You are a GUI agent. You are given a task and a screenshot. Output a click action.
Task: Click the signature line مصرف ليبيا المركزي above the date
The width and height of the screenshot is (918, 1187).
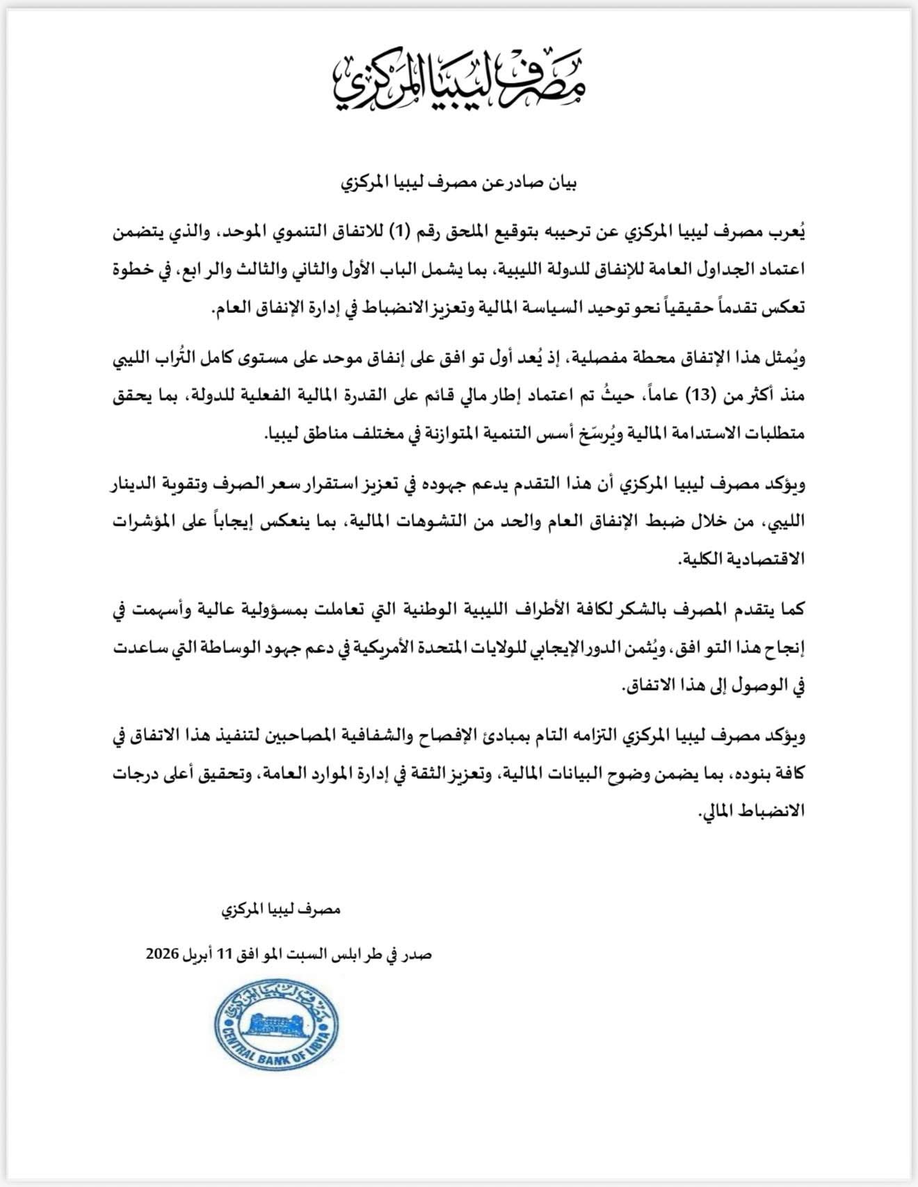coord(281,909)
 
